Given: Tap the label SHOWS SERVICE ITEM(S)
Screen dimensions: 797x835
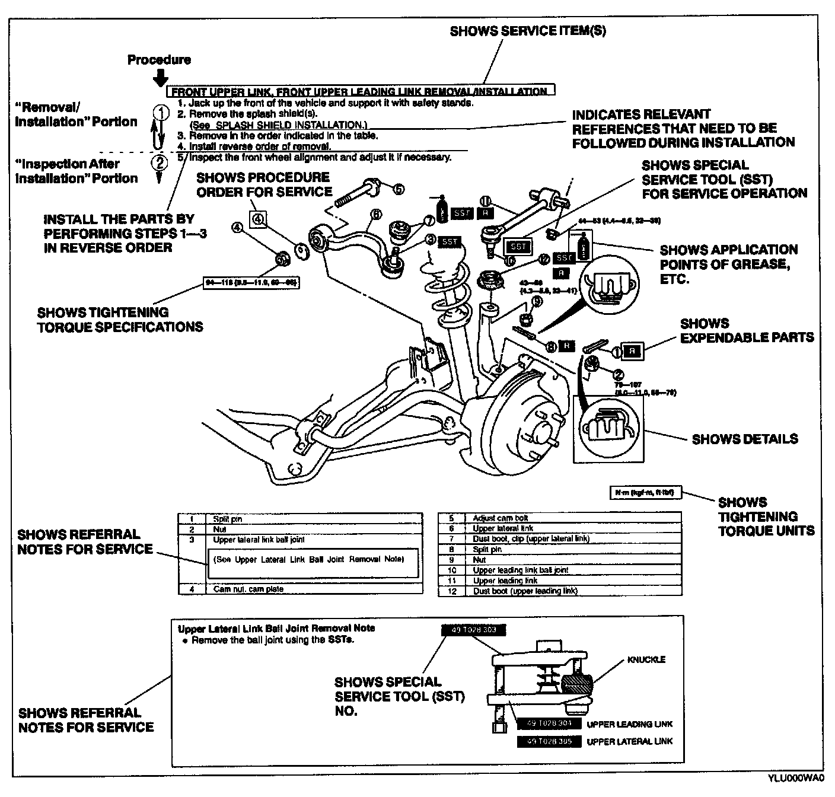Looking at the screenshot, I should tap(528, 31).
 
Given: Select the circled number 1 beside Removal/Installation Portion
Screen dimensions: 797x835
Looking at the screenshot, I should tap(159, 111).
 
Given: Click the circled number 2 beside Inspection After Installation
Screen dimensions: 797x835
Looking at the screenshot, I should tap(158, 161).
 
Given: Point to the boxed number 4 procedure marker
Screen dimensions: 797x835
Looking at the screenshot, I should tap(258, 219).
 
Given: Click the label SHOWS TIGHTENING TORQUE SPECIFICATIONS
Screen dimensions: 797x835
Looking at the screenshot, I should tap(120, 319).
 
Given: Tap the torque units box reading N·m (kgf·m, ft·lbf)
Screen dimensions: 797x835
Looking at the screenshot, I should tap(646, 492).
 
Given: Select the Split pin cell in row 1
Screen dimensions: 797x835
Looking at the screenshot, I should tap(227, 519).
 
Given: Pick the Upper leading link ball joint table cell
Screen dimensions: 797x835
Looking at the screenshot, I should tap(520, 570).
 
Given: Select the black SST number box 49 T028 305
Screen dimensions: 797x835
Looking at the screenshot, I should tap(548, 741).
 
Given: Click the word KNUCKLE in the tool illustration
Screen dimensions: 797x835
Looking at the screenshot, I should tap(646, 659).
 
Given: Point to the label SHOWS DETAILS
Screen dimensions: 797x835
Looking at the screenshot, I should tap(745, 439).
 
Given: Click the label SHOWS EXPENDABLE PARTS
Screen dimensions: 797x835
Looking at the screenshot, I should tap(747, 330).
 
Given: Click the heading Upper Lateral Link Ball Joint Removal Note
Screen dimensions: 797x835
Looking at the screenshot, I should tap(276, 628).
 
